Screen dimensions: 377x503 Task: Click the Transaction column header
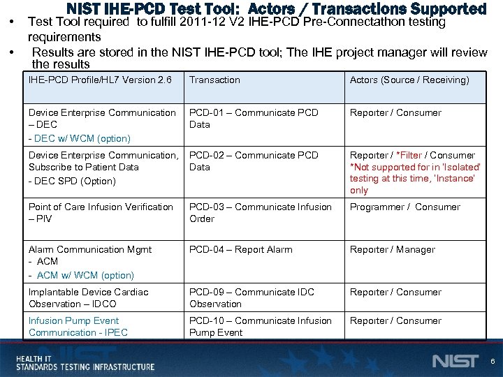pos(214,80)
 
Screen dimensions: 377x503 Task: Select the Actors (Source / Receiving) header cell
pos(409,80)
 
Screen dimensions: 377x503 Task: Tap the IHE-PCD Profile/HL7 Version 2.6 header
pos(100,80)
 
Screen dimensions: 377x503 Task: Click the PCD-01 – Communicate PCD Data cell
pos(254,119)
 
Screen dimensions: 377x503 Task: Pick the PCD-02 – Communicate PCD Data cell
pos(254,161)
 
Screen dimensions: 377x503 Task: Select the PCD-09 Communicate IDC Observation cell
pos(251,298)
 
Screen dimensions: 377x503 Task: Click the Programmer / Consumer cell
pos(405,207)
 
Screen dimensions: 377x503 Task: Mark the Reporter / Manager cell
pos(392,250)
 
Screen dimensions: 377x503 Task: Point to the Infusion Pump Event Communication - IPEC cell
pos(78,327)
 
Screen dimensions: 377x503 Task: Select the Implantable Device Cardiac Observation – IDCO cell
pos(88,298)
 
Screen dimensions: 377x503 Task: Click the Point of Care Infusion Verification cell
pos(101,213)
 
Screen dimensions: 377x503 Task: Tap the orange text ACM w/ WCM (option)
pos(84,276)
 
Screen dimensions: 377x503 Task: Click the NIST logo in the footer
pos(455,361)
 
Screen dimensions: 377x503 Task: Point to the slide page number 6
pos(493,362)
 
